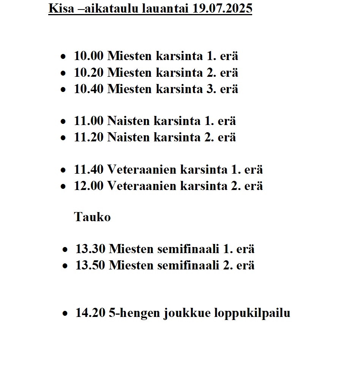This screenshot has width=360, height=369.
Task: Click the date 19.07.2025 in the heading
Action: tap(222, 8)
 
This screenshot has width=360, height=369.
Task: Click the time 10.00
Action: tap(88, 56)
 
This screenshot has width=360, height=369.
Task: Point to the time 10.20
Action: tap(88, 73)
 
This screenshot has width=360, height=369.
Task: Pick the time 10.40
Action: tap(88, 89)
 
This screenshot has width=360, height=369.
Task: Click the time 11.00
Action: tap(88, 121)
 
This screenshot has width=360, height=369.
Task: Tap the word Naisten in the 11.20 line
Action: tap(129, 137)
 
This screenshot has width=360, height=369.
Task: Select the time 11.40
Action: tap(88, 169)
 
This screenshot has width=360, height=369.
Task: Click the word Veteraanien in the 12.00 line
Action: tap(142, 186)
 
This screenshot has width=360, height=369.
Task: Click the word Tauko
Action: tap(92, 217)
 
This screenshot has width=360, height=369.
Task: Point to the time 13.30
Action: tap(90, 249)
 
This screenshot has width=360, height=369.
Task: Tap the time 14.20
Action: tap(90, 313)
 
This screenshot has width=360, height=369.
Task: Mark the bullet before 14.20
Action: tap(66, 314)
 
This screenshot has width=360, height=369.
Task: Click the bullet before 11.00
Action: tap(63, 122)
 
